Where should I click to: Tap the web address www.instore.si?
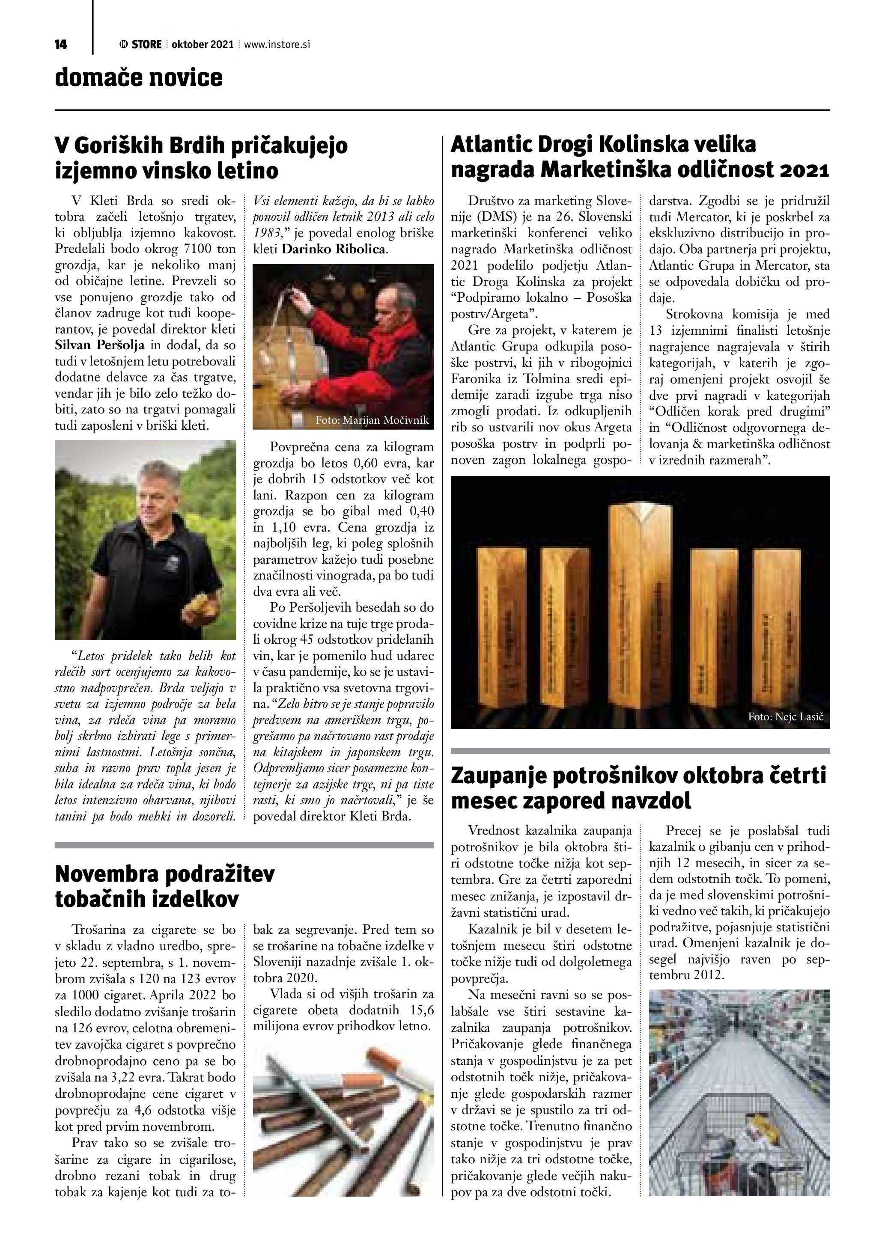[277, 45]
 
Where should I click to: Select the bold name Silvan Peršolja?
[100, 345]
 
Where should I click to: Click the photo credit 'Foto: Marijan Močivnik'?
[372, 420]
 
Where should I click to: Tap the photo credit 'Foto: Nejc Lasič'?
[785, 717]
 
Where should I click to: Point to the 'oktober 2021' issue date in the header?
[202, 45]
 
